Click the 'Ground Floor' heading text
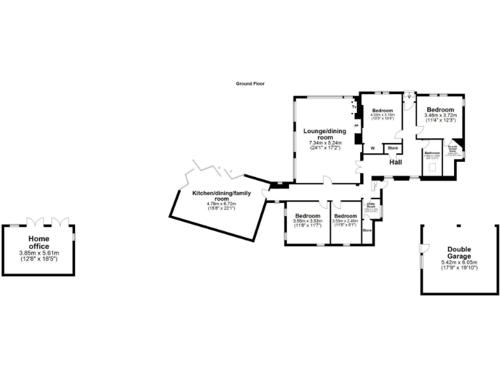(x=250, y=84)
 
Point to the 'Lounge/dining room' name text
(x=324, y=134)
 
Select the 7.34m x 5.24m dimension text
(x=324, y=143)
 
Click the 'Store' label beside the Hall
(x=393, y=148)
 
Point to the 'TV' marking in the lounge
(x=356, y=107)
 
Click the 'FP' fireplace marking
(x=356, y=125)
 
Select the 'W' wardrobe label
(x=372, y=148)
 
